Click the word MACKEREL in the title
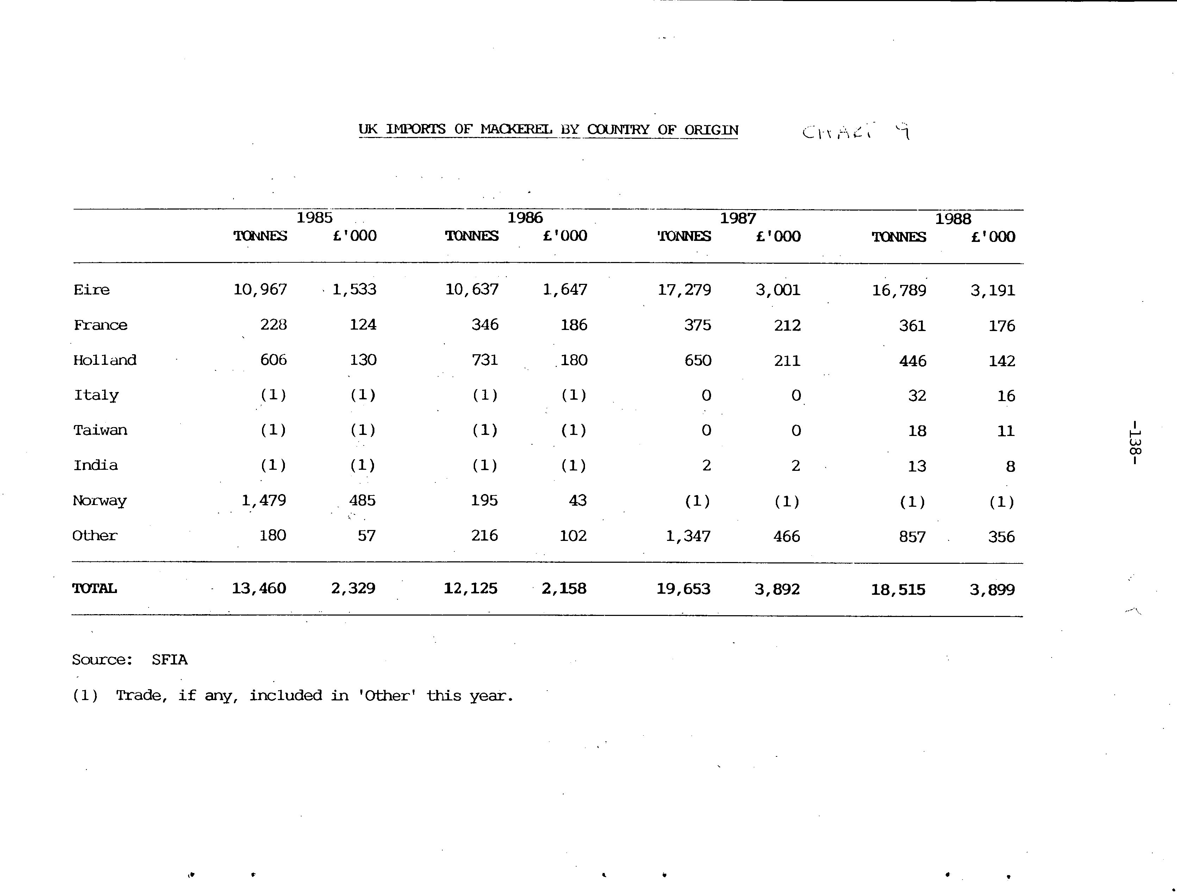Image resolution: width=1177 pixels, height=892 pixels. (516, 129)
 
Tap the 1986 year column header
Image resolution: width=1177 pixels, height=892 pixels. (525, 218)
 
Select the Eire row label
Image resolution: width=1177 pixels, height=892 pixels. (92, 290)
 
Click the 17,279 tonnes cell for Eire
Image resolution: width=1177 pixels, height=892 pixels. (684, 290)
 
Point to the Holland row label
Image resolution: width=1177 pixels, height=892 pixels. (105, 360)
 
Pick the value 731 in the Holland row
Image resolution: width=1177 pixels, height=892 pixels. (485, 360)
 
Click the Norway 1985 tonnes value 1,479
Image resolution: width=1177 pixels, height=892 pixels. (263, 500)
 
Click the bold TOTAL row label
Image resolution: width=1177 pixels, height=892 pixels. (94, 588)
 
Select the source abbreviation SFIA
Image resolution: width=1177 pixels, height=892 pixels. (169, 660)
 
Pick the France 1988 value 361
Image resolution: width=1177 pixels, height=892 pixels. (912, 325)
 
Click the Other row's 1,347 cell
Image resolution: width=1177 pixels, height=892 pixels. (688, 536)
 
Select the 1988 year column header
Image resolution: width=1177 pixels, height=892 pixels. (953, 219)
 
